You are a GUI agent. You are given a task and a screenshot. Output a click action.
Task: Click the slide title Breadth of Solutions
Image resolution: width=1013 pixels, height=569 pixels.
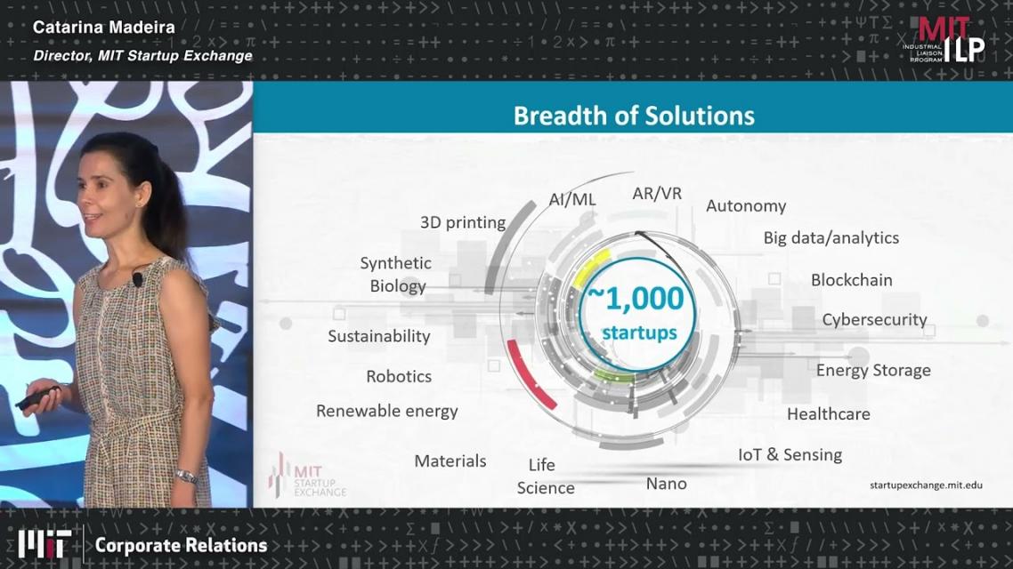(634, 116)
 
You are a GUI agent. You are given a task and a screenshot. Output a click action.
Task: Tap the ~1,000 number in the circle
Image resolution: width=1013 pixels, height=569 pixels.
(635, 298)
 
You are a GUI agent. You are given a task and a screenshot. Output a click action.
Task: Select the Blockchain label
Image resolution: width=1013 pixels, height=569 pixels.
(852, 280)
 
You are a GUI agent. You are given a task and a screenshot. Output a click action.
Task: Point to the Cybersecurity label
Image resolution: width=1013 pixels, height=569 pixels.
(874, 320)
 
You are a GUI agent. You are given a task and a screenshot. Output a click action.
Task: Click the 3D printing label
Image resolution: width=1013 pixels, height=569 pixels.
(463, 222)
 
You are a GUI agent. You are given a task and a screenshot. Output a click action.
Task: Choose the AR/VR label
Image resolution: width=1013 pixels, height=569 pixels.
(656, 194)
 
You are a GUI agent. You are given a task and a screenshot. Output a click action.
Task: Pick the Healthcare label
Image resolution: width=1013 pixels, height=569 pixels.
(828, 414)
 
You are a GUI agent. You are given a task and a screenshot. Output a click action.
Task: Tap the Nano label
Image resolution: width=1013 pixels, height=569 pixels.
(666, 484)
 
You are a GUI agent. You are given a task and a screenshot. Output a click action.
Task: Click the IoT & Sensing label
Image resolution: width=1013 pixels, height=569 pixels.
(790, 455)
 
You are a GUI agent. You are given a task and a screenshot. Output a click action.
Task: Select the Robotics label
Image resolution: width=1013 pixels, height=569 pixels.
(399, 377)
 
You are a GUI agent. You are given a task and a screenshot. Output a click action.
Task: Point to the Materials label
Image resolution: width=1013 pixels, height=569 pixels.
(450, 461)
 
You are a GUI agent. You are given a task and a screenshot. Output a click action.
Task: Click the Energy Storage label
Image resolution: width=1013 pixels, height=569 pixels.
(873, 371)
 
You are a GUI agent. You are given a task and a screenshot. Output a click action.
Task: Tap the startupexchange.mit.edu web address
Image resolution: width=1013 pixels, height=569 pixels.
(926, 485)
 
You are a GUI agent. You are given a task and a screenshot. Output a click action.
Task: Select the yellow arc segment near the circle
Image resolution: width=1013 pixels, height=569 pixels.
(590, 266)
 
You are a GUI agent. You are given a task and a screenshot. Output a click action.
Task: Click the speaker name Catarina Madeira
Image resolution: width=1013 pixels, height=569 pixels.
(104, 27)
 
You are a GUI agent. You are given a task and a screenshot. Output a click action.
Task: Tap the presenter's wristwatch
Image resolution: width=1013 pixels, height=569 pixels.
(186, 477)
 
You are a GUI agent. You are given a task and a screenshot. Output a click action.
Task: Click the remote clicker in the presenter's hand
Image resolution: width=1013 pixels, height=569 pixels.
(39, 397)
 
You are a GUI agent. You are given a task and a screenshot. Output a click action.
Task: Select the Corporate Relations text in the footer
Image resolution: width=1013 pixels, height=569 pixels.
(181, 546)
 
